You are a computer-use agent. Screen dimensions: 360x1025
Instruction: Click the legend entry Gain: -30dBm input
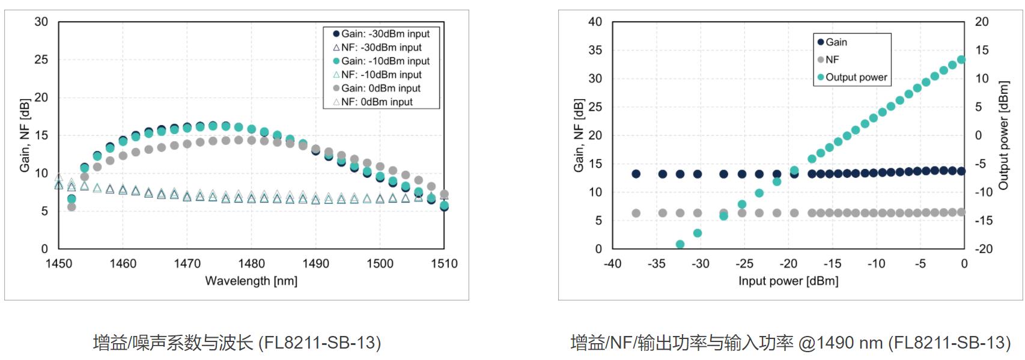click(382, 34)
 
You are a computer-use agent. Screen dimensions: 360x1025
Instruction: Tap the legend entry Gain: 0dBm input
click(377, 88)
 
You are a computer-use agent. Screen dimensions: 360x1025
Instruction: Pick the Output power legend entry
click(852, 77)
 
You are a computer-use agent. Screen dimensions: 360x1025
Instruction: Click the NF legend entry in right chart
click(832, 59)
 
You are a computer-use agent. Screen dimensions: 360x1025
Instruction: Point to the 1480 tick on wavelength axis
click(251, 263)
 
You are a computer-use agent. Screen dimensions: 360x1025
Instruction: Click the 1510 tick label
click(444, 263)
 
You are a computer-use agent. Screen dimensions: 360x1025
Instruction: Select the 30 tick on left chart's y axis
click(41, 22)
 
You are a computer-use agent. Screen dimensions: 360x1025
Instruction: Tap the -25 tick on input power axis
click(744, 263)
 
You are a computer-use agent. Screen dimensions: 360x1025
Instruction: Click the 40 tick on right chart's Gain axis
click(595, 22)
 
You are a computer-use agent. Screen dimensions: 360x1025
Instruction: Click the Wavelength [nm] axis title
click(251, 281)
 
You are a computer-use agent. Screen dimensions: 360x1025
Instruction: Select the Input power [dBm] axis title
click(788, 281)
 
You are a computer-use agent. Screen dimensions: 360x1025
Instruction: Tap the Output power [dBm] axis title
click(1004, 135)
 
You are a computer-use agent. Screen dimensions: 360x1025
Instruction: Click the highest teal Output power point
click(961, 59)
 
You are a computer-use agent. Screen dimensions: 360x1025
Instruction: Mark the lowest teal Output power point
click(680, 245)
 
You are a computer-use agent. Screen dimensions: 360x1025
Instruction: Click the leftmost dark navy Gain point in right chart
click(636, 174)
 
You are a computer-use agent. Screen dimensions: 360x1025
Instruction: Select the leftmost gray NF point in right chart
click(636, 213)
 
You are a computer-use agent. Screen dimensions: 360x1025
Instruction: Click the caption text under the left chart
click(237, 343)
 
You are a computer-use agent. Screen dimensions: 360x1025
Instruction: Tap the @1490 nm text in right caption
click(840, 343)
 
